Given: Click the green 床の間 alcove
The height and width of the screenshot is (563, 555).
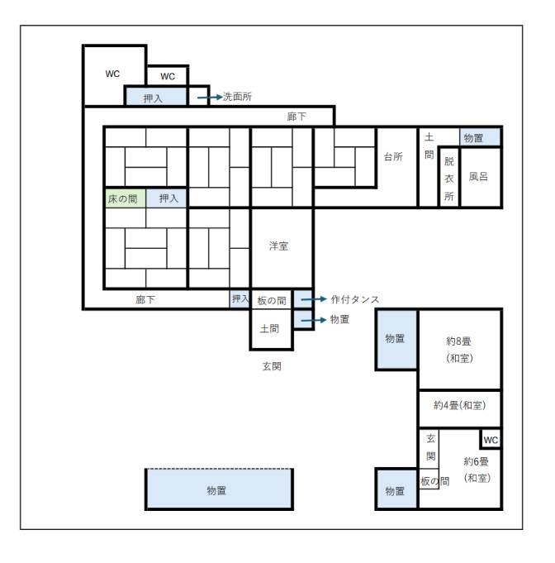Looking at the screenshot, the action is (126, 198).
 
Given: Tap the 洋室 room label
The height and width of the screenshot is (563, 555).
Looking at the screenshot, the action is (278, 246).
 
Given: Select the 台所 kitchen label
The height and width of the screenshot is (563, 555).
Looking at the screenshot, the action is (393, 156).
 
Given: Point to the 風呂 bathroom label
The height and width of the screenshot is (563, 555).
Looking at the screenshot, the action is (478, 176).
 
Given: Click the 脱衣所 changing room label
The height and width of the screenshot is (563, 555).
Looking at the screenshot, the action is (449, 179).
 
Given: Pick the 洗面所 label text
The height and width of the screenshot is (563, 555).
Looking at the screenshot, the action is (238, 97).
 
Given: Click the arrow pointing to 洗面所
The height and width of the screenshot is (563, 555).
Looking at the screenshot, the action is (210, 98).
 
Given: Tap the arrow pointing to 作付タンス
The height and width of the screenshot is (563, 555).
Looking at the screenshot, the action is (314, 299).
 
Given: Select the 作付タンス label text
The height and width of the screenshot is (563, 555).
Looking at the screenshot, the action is (355, 299).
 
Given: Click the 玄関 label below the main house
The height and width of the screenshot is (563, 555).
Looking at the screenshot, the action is (272, 366).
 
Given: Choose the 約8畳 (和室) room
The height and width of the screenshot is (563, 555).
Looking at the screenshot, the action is (459, 350).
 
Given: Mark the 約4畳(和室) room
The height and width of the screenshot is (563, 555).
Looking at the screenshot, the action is (459, 409).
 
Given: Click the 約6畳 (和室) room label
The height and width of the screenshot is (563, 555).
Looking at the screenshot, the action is (477, 470).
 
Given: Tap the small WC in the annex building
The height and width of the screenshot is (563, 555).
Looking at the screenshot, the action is (491, 439).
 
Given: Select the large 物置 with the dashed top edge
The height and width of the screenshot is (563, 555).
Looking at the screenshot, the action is (219, 489).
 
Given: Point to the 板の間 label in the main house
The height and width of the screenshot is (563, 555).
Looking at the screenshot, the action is (272, 301).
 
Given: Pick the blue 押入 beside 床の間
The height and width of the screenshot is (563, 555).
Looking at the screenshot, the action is (166, 198).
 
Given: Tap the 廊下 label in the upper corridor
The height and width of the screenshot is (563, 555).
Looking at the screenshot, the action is (296, 117).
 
